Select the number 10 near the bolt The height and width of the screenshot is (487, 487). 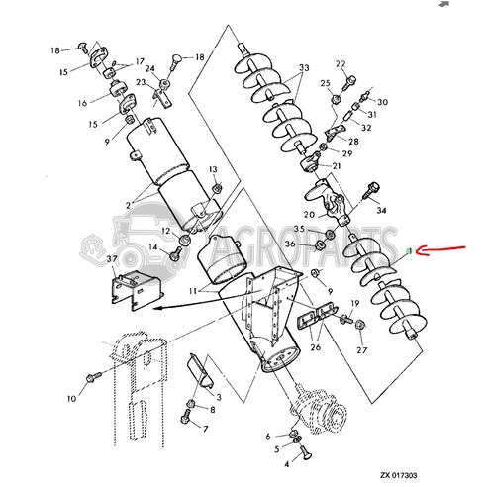[x=70, y=400]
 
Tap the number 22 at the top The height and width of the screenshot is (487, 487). [x=341, y=64]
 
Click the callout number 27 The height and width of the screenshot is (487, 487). [x=362, y=349]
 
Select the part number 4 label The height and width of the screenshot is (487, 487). [x=287, y=464]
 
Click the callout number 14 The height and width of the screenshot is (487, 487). [x=153, y=247]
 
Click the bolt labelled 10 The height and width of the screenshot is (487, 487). [x=92, y=376]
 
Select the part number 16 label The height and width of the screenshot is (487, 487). [x=84, y=103]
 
